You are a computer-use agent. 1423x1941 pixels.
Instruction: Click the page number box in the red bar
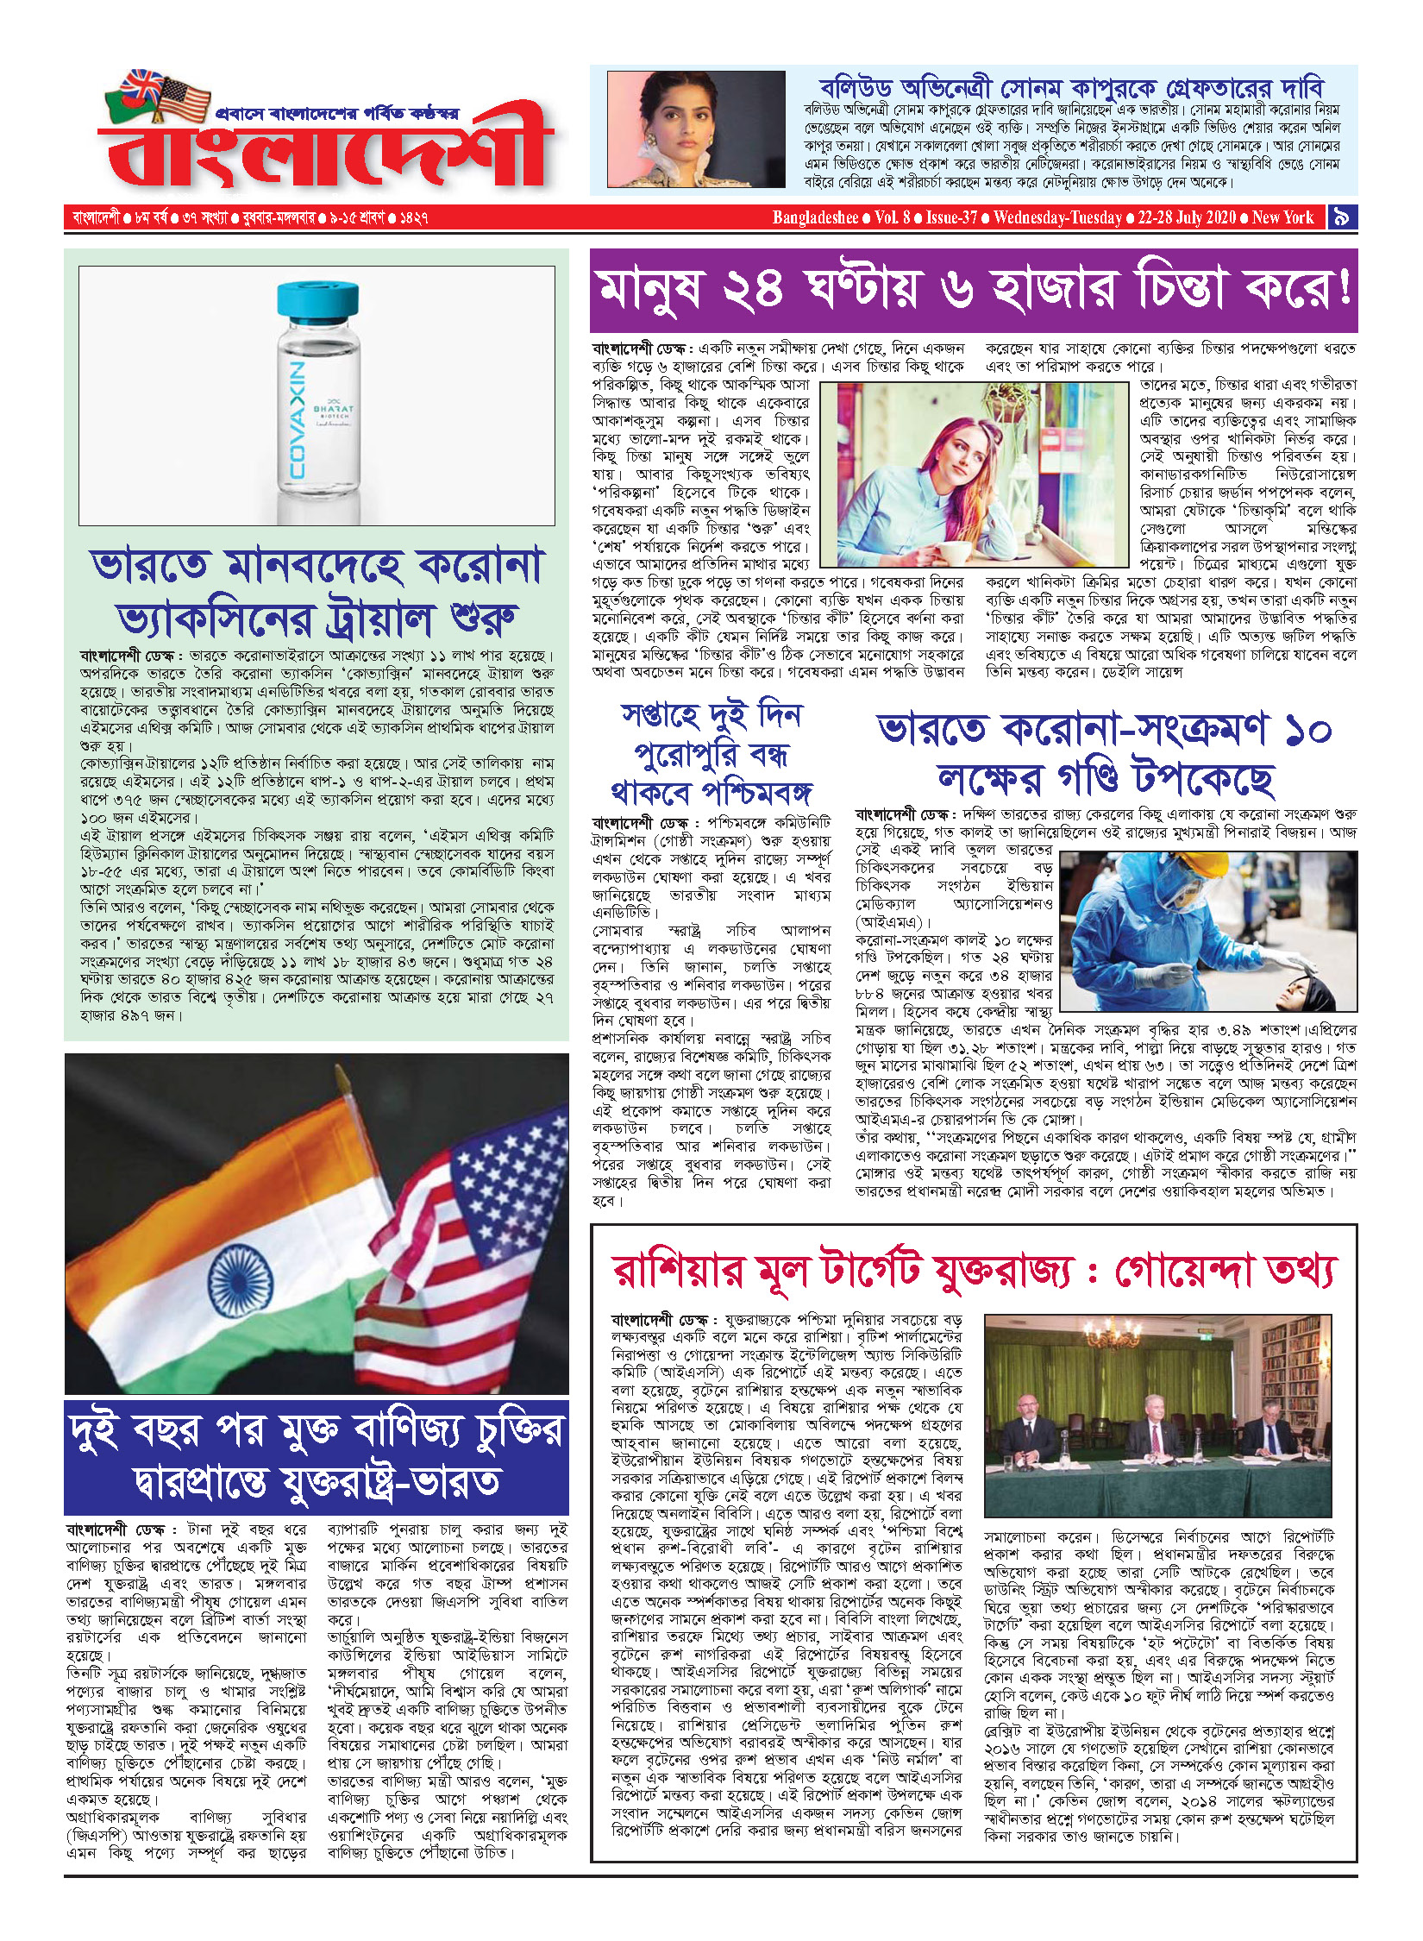tap(1341, 217)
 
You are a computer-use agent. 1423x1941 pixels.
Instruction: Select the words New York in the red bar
tap(1282, 217)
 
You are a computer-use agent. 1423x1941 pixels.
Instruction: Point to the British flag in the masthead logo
tap(142, 86)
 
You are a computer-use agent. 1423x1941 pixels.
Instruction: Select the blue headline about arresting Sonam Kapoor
tap(1070, 88)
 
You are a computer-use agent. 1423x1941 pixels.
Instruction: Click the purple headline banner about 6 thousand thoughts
tap(973, 290)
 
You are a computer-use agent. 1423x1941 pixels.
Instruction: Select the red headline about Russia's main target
tap(973, 1272)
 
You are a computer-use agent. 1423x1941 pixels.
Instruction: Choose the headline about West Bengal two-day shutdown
tap(711, 753)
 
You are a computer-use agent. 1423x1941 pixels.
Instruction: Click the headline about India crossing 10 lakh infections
tap(1105, 753)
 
